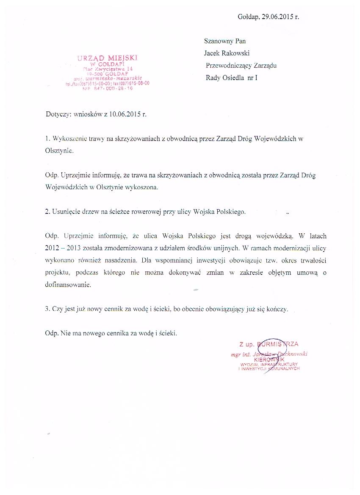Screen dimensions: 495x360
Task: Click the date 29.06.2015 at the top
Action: coord(278,17)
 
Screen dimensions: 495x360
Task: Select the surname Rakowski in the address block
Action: coord(235,53)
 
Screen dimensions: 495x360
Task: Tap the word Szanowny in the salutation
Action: coord(216,41)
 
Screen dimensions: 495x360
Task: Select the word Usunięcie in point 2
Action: coord(65,211)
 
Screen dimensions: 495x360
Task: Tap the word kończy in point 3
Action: coord(276,309)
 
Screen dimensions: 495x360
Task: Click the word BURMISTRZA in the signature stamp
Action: coord(279,344)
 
